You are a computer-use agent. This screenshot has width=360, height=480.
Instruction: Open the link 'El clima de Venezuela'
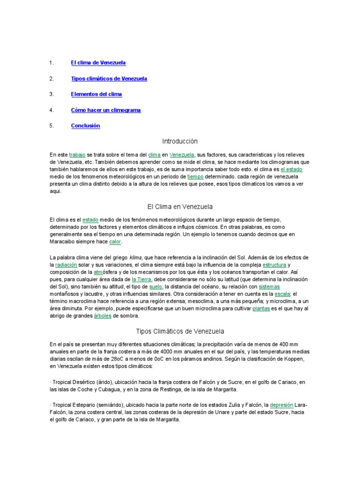98,62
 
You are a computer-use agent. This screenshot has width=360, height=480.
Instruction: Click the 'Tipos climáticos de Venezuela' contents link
109,78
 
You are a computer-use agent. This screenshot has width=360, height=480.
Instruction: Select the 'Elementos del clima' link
96,94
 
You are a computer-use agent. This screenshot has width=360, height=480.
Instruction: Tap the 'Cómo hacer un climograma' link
105,110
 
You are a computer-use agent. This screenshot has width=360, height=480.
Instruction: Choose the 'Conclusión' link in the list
85,126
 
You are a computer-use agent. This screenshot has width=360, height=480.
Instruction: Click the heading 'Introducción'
180,141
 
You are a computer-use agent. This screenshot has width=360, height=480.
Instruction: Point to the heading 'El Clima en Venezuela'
180,206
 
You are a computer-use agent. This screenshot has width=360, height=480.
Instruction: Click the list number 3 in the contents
52,94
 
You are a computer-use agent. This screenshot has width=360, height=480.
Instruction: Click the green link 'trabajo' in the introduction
77,154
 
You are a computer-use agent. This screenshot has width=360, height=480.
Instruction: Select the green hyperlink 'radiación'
66,265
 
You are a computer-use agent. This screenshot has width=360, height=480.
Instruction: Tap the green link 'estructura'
274,265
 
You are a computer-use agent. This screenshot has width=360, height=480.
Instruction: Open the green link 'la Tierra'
142,279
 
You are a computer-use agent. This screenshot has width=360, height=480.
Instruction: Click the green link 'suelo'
155,286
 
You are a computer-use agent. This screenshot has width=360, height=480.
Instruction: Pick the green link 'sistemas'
269,286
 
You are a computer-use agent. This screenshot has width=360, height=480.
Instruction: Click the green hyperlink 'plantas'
261,308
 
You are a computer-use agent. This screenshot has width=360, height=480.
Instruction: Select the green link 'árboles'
102,316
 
